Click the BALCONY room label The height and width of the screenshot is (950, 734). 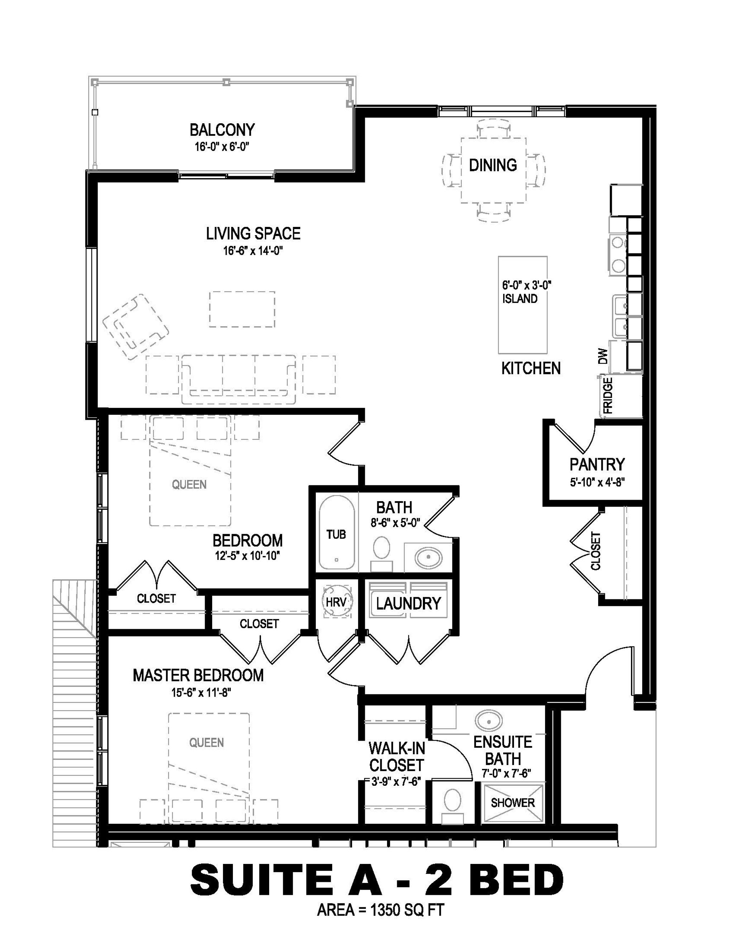(x=222, y=130)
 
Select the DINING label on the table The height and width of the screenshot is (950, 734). (x=493, y=165)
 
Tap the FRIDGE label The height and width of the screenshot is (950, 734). (x=608, y=395)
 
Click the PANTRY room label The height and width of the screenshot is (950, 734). (x=597, y=465)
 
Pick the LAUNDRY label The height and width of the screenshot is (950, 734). (x=408, y=603)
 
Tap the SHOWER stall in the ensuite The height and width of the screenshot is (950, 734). (x=513, y=803)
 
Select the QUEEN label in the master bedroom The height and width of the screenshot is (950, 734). (x=206, y=742)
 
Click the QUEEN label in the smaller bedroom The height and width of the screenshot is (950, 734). (x=189, y=484)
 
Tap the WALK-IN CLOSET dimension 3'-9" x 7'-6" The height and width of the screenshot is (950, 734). (x=395, y=782)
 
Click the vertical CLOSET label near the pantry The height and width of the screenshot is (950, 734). (x=596, y=551)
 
